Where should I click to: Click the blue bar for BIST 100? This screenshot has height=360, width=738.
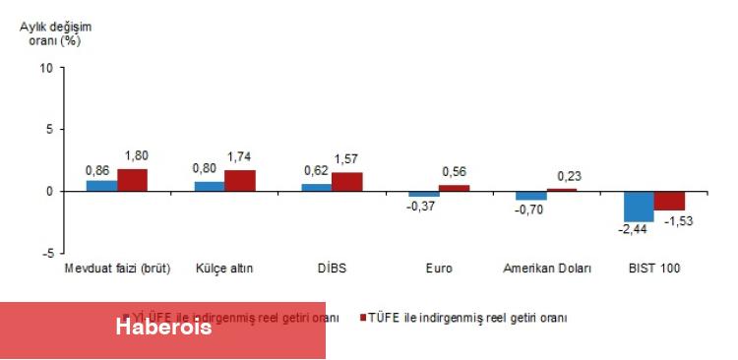(x=640, y=207)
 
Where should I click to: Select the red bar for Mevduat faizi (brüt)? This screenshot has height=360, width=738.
(x=132, y=180)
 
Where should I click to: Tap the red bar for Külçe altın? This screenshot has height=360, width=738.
(x=239, y=181)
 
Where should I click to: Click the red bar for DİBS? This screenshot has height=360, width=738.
(x=346, y=182)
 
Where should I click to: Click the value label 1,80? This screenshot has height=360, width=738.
(x=134, y=156)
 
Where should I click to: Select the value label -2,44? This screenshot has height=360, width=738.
(x=633, y=230)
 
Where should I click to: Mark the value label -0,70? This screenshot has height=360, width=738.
(x=529, y=209)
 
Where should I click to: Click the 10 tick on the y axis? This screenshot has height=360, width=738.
(x=46, y=68)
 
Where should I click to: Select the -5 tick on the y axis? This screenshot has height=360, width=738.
(x=46, y=253)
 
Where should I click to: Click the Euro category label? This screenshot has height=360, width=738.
(x=439, y=269)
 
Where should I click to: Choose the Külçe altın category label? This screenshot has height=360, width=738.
(x=224, y=269)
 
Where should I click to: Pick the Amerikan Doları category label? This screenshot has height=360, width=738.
(x=547, y=269)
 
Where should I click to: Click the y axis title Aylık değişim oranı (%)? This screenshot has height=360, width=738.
(x=49, y=34)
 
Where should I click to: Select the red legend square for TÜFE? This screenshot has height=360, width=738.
(x=363, y=318)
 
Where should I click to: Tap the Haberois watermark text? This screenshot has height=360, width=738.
(x=163, y=328)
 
